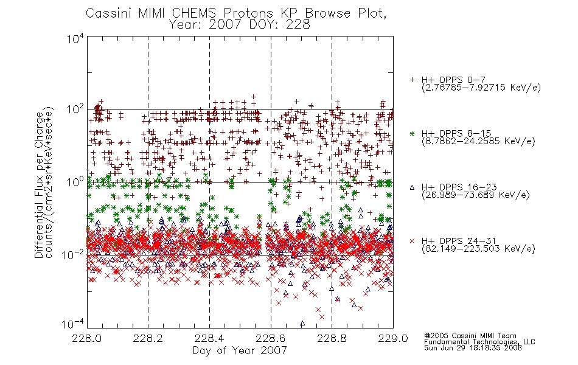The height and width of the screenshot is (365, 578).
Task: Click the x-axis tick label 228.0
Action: coord(87,338)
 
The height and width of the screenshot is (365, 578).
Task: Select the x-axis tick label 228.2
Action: coord(148,338)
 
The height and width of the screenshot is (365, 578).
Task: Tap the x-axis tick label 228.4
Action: coord(209,338)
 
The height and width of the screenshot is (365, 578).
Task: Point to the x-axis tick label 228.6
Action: coord(271,338)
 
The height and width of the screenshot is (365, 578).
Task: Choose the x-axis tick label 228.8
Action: coord(332,338)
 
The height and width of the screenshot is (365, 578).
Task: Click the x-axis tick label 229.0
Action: coord(393,338)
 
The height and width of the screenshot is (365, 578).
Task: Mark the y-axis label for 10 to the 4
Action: coord(75,39)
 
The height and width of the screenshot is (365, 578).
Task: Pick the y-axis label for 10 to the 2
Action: coord(75,109)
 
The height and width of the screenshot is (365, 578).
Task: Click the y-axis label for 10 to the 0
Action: coord(75,182)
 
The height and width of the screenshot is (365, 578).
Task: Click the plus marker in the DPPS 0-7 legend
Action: coord(412,80)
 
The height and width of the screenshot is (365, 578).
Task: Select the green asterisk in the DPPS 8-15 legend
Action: coord(412,133)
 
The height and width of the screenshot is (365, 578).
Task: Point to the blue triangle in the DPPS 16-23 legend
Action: coord(412,187)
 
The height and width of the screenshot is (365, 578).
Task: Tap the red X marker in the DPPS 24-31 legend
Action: coord(412,241)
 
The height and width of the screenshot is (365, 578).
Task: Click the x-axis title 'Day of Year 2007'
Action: coord(240,350)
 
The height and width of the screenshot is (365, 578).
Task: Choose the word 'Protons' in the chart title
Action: coord(248,13)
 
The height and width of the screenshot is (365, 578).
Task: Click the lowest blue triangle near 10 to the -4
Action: coord(302,324)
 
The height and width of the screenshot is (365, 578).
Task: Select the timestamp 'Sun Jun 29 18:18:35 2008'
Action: coord(473,348)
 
